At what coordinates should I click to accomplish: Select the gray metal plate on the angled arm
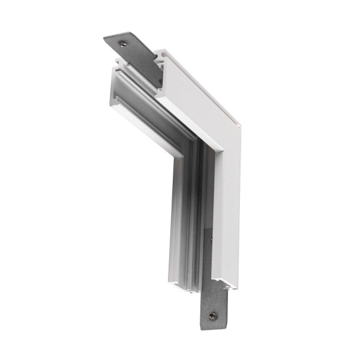[135, 51]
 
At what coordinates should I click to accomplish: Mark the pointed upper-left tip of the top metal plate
[106, 40]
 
